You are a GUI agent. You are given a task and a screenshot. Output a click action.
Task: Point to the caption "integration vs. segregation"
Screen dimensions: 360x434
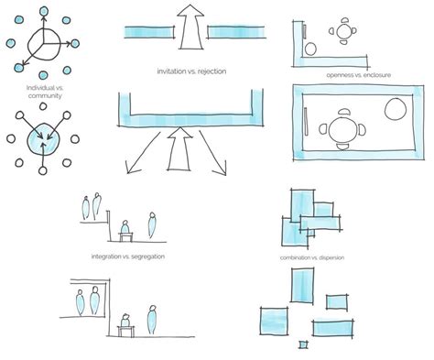(128, 256)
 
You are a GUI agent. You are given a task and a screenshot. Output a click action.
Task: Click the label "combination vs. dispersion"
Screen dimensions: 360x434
(317, 258)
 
